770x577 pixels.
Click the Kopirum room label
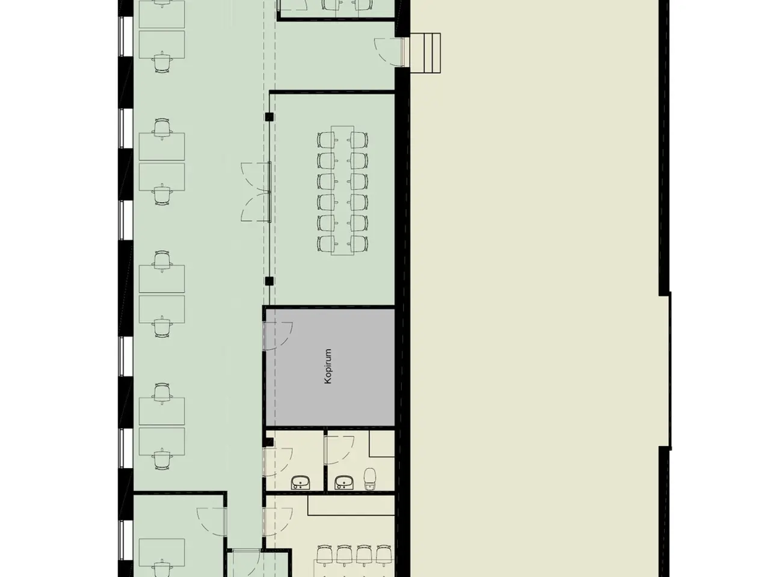pyautogui.click(x=328, y=366)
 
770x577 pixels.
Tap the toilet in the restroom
pyautogui.click(x=370, y=479)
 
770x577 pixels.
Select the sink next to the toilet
pyautogui.click(x=344, y=482)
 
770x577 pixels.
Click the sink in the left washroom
pyautogui.click(x=301, y=482)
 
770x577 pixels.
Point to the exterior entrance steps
pyautogui.click(x=425, y=53)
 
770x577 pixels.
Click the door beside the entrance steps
pyautogui.click(x=389, y=52)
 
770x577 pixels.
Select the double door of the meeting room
pyautogui.click(x=256, y=192)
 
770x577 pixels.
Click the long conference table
pyautogui.click(x=342, y=191)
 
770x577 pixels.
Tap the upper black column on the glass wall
pyautogui.click(x=269, y=117)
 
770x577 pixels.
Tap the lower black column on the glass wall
pyautogui.click(x=269, y=281)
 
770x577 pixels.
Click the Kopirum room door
pyautogui.click(x=278, y=335)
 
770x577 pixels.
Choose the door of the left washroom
pyautogui.click(x=278, y=462)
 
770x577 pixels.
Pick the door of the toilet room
pyautogui.click(x=339, y=450)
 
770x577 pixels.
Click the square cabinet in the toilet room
pyautogui.click(x=382, y=444)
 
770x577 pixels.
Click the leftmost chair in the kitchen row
pyautogui.click(x=324, y=554)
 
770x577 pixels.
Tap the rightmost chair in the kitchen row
pyautogui.click(x=384, y=554)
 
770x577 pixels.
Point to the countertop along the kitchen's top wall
pyautogui.click(x=351, y=505)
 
